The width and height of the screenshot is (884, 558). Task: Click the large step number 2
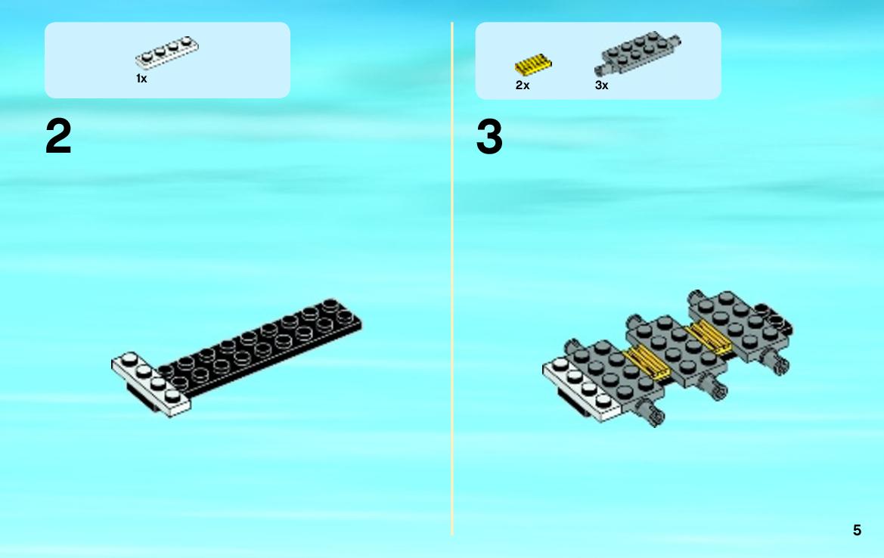point(58,136)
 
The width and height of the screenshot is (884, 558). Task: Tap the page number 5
point(857,530)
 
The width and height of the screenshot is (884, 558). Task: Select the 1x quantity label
point(141,79)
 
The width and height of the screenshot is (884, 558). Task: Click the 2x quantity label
point(523,85)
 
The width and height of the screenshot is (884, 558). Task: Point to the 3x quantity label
point(601,85)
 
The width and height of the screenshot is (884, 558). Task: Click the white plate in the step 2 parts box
point(167,52)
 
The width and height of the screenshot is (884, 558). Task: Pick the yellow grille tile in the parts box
point(533,65)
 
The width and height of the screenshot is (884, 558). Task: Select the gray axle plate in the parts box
point(637,53)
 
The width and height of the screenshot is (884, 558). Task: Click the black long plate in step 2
point(259,346)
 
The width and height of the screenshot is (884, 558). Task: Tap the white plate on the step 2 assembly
point(150,384)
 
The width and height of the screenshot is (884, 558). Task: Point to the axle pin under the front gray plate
point(651,412)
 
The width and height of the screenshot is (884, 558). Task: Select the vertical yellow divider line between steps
point(452,278)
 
